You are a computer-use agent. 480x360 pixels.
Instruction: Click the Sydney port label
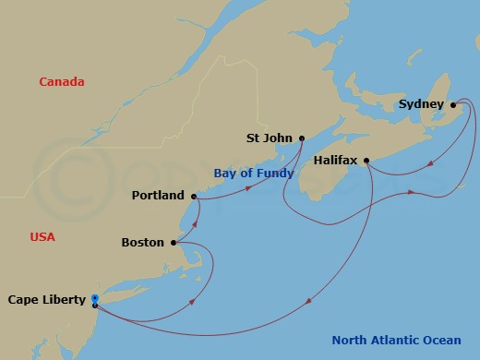pyautogui.click(x=420, y=104)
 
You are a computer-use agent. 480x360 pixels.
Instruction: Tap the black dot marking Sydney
pyautogui.click(x=453, y=104)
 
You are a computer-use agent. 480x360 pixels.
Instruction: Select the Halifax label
pyautogui.click(x=336, y=160)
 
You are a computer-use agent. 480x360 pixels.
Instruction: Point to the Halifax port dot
pyautogui.click(x=367, y=161)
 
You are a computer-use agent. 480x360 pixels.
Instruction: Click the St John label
pyautogui.click(x=269, y=138)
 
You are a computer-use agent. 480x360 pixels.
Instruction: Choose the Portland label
pyautogui.click(x=158, y=196)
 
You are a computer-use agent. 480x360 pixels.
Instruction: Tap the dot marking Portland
pyautogui.click(x=193, y=196)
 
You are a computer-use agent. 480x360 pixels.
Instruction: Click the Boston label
pyautogui.click(x=142, y=243)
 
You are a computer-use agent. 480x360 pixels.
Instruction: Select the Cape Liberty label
pyautogui.click(x=46, y=299)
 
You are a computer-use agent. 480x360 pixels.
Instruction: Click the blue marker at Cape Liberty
pyautogui.click(x=95, y=298)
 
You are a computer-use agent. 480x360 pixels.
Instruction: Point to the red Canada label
pyautogui.click(x=61, y=82)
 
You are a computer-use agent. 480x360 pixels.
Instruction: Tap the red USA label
pyautogui.click(x=42, y=237)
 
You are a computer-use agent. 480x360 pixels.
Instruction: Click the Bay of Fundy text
pyautogui.click(x=253, y=173)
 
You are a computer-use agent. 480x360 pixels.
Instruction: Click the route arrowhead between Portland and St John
pyautogui.click(x=248, y=188)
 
